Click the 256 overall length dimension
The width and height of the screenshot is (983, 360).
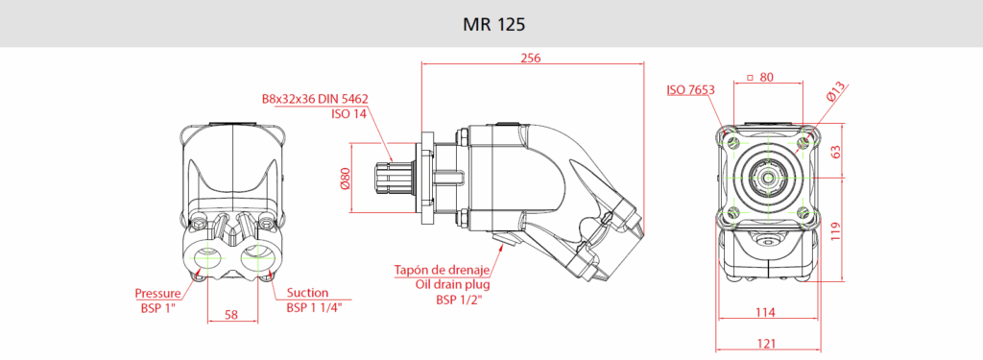[530, 58]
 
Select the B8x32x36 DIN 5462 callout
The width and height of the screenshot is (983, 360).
[315, 99]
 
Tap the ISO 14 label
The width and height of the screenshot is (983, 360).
[349, 113]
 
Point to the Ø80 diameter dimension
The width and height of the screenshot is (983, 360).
[345, 179]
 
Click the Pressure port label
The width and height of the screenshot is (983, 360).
[158, 293]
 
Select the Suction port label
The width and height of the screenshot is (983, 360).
[307, 292]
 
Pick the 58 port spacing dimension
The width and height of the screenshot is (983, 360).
[231, 315]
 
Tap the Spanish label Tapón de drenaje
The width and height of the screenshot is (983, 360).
[442, 271]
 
